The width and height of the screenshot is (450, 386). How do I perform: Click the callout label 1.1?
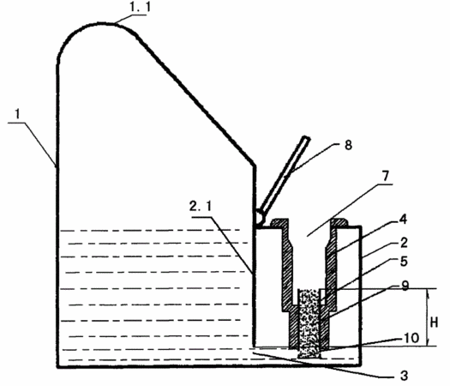click(x=140, y=8)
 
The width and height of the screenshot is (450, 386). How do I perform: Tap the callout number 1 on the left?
click(x=18, y=114)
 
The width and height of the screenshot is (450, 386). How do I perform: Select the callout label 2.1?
click(x=201, y=206)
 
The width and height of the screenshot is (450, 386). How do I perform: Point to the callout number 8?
click(x=348, y=145)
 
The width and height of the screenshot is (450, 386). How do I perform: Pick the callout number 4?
click(x=403, y=220)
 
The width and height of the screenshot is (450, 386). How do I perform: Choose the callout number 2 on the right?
click(x=404, y=243)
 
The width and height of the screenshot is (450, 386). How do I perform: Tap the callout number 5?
click(x=404, y=262)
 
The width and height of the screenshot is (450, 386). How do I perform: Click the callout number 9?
click(x=405, y=286)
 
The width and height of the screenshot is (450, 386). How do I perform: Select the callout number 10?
click(x=411, y=338)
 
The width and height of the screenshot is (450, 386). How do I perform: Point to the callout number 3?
click(x=404, y=375)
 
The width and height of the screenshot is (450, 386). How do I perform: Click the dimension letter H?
click(x=434, y=323)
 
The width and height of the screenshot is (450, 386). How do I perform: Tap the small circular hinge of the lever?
click(x=261, y=217)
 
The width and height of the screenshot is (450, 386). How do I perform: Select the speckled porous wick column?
click(x=309, y=323)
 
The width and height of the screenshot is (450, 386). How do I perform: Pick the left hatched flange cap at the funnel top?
click(x=279, y=223)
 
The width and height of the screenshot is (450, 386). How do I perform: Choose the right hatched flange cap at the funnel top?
click(x=339, y=223)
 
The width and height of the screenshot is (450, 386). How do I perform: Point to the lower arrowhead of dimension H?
click(x=428, y=341)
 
